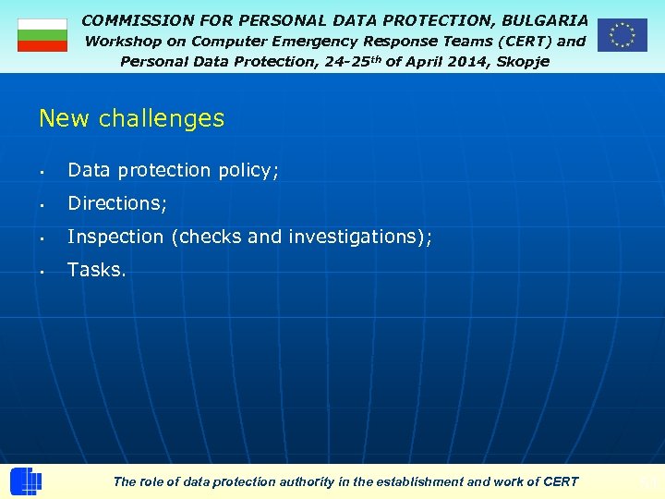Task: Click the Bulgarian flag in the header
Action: click(42, 35)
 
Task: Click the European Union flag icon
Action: click(622, 35)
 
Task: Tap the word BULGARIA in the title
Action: click(544, 19)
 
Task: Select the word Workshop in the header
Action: click(123, 41)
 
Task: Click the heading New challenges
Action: click(131, 118)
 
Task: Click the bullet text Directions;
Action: click(117, 203)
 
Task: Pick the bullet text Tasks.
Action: click(97, 270)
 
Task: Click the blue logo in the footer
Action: click(26, 481)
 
